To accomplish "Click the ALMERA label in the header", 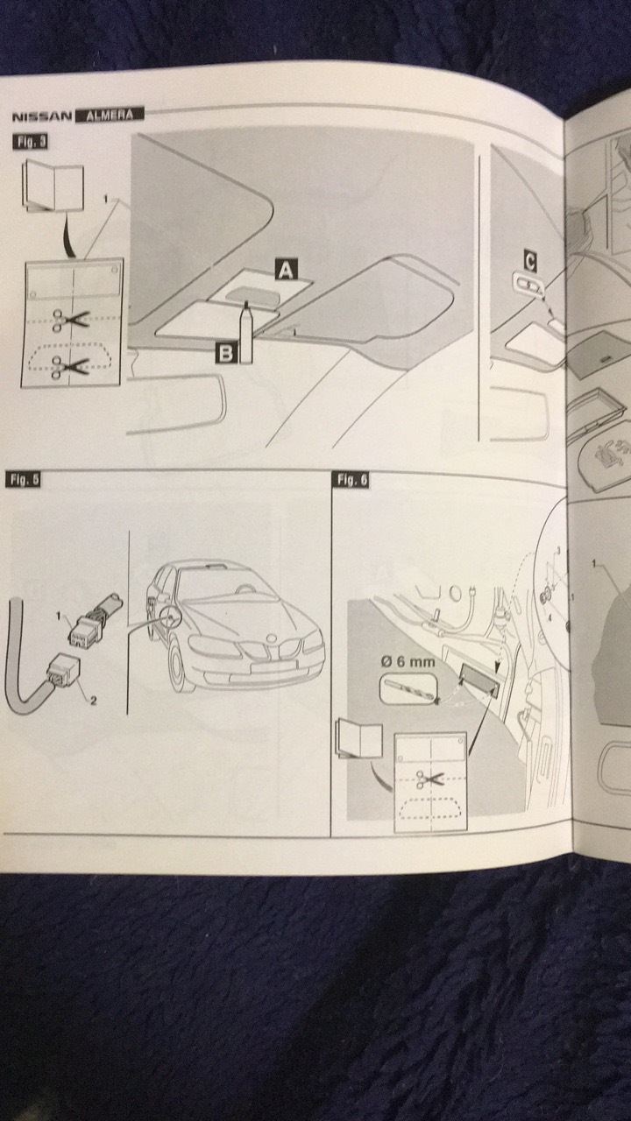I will coord(109,114).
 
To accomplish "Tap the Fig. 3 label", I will coord(30,141).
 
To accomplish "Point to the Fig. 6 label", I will coord(352,479).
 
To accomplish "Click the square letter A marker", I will coord(284,270).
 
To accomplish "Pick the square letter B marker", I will coord(225,353).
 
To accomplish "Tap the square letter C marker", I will coord(529,259).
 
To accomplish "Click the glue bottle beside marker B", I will coord(246,333).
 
